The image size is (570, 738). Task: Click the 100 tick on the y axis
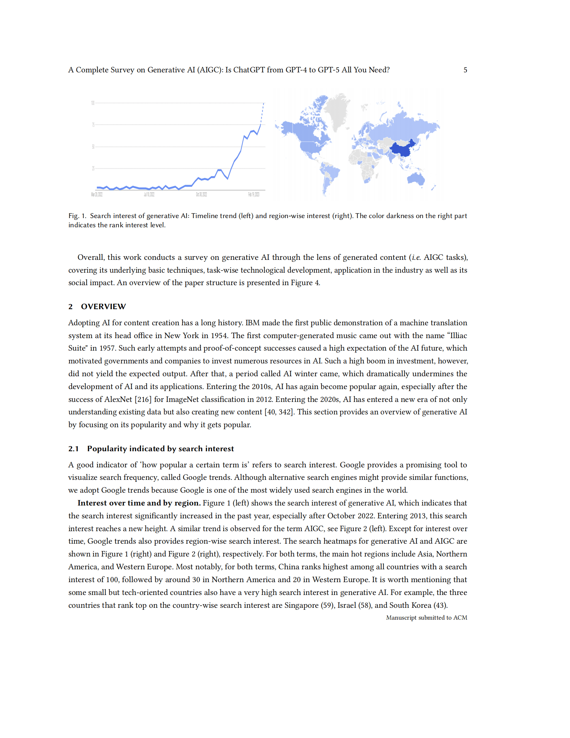click(92, 103)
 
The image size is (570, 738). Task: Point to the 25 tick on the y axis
click(93, 168)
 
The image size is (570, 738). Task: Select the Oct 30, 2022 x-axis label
click(201, 194)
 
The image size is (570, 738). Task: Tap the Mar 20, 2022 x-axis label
click(97, 194)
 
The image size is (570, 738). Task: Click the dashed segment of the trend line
click(262, 113)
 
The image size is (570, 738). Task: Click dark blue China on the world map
click(402, 149)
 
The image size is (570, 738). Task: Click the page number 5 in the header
click(465, 70)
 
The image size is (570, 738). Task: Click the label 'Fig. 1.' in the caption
click(77, 216)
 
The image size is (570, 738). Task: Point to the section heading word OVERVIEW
click(103, 307)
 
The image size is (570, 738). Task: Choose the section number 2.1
click(73, 449)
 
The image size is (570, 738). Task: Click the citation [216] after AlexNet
click(143, 399)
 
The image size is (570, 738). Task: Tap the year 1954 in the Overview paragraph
click(219, 335)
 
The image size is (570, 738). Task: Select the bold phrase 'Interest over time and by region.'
click(139, 503)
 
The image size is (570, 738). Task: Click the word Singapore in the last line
click(301, 605)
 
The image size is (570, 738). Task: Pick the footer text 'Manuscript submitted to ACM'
click(426, 618)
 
